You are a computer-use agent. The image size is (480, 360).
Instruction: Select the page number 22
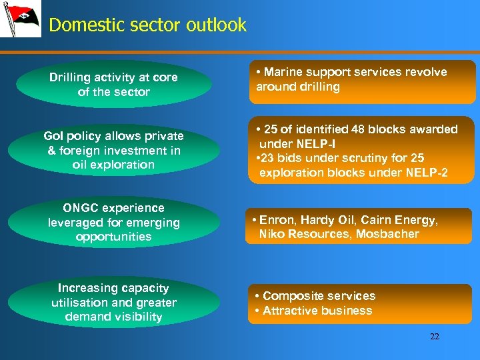(435, 337)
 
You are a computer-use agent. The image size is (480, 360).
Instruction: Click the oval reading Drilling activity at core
(113, 85)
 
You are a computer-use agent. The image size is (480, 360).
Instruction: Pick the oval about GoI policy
(113, 150)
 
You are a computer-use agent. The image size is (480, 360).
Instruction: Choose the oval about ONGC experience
(113, 222)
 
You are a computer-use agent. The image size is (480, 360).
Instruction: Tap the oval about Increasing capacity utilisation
(113, 303)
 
